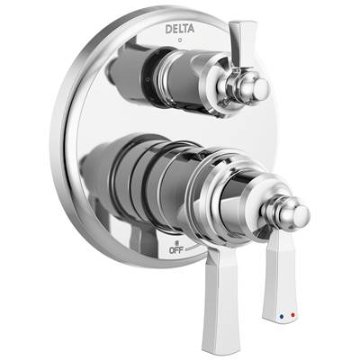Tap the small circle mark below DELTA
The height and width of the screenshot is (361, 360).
point(180,41)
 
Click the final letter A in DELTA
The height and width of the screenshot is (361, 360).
point(191,28)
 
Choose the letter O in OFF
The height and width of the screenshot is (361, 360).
point(173,251)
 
